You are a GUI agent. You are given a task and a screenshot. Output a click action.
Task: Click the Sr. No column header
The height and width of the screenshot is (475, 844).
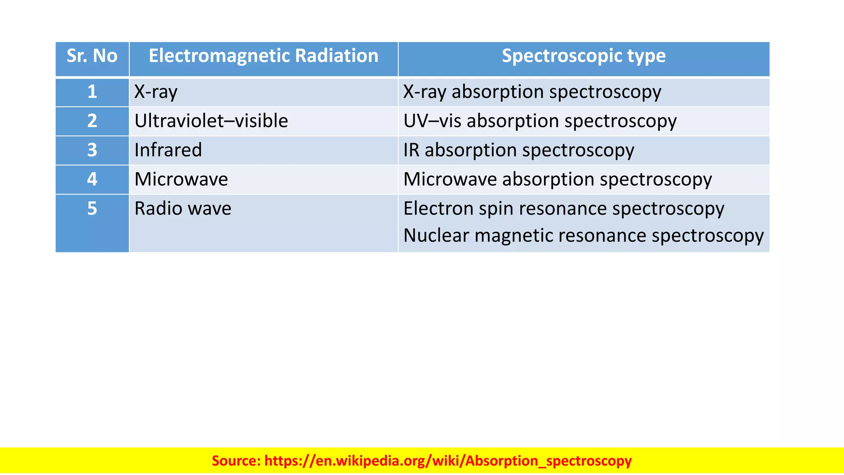pyautogui.click(x=92, y=56)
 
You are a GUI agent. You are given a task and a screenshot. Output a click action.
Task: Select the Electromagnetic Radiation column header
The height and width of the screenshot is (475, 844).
pyautogui.click(x=263, y=56)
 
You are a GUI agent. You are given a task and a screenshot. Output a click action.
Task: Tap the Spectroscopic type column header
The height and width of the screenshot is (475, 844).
pyautogui.click(x=584, y=56)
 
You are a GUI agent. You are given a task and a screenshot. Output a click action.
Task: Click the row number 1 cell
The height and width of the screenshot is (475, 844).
pyautogui.click(x=92, y=92)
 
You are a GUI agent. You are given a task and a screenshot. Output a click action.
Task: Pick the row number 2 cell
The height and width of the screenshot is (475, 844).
pyautogui.click(x=92, y=121)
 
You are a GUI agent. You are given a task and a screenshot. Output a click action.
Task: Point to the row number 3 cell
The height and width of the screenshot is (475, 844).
pyautogui.click(x=92, y=150)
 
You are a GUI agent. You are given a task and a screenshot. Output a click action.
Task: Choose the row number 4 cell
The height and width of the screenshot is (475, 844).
pyautogui.click(x=92, y=179)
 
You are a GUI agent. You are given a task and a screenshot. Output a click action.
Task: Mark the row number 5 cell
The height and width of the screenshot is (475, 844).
pyautogui.click(x=92, y=209)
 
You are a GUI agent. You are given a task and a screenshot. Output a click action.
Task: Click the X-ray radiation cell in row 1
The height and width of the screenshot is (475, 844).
pyautogui.click(x=156, y=92)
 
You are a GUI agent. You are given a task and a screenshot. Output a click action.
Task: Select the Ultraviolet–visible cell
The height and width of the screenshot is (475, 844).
pyautogui.click(x=211, y=121)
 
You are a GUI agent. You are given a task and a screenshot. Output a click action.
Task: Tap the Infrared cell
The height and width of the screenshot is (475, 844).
pyautogui.click(x=168, y=150)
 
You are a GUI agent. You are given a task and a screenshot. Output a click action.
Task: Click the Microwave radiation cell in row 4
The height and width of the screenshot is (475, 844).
pyautogui.click(x=181, y=179)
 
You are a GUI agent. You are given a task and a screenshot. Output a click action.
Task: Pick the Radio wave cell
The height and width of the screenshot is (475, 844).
pyautogui.click(x=183, y=209)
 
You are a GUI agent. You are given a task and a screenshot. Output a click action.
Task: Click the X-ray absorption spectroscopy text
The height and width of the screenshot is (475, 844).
pyautogui.click(x=532, y=92)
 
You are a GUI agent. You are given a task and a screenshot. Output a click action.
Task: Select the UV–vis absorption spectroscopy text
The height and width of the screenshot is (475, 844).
pyautogui.click(x=540, y=121)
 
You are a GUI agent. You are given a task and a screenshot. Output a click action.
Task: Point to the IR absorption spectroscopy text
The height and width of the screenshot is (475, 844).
pyautogui.click(x=518, y=150)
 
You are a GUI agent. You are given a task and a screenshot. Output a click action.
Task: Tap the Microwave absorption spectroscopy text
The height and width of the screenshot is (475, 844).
pyautogui.click(x=558, y=179)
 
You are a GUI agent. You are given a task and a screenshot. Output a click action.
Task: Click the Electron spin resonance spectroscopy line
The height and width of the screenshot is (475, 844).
pyautogui.click(x=563, y=209)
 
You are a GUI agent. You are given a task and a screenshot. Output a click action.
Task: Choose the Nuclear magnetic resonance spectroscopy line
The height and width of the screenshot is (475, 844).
pyautogui.click(x=583, y=235)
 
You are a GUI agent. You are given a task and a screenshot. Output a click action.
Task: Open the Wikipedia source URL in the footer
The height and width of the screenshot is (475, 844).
pyautogui.click(x=448, y=461)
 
